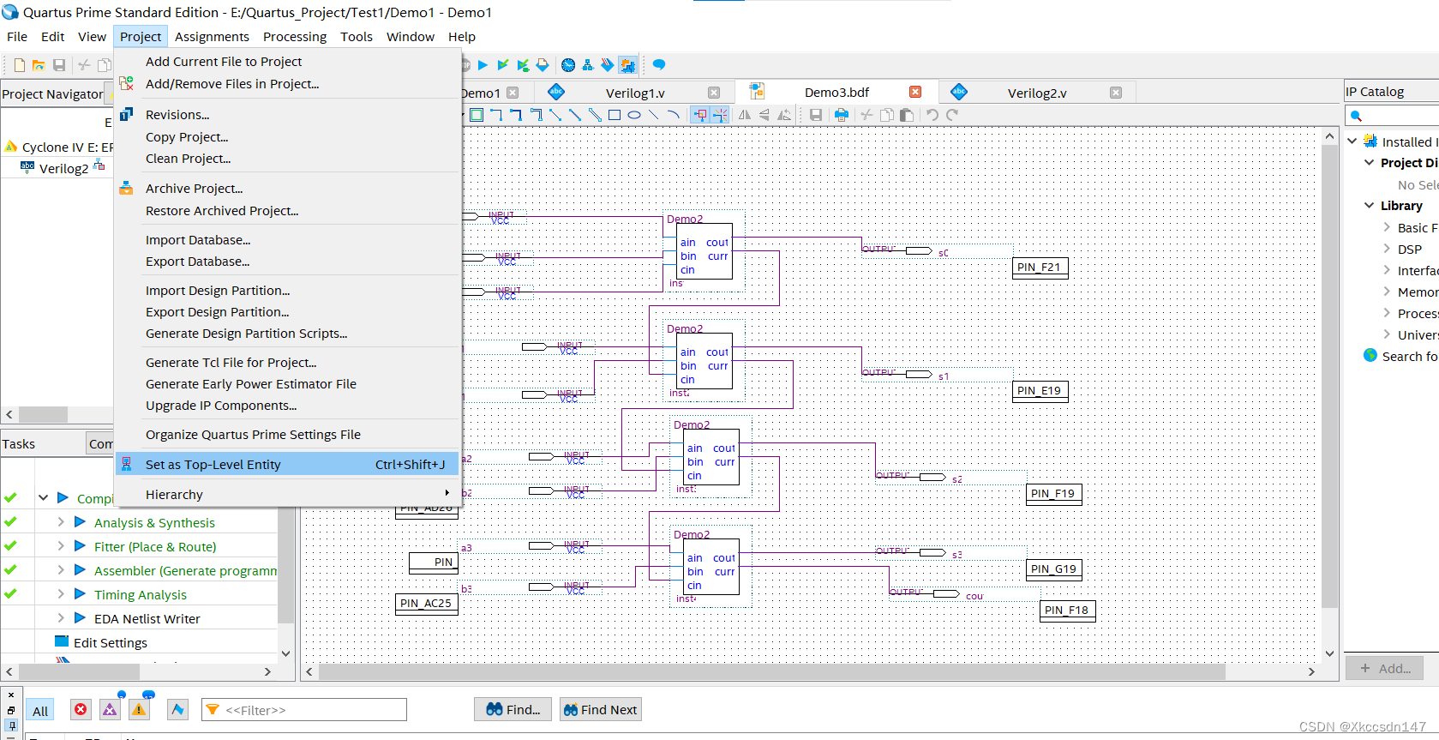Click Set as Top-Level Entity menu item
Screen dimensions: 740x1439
[x=213, y=465]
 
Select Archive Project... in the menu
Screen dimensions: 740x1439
[x=195, y=189]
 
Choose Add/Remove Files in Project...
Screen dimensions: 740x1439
[x=232, y=84]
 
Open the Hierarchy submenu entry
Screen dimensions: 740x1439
[x=175, y=495]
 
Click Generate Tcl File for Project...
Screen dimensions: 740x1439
[x=231, y=363]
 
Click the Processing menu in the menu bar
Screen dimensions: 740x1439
[x=295, y=37]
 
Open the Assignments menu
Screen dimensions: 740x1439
[x=212, y=37]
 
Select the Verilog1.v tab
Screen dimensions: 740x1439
[x=635, y=93]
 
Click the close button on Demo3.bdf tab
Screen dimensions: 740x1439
[x=915, y=92]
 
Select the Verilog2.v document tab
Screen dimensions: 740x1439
[x=1037, y=93]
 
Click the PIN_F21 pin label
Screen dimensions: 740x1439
[x=1040, y=268]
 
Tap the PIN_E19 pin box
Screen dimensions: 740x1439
[x=1040, y=391]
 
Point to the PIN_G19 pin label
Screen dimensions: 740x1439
[x=1053, y=569]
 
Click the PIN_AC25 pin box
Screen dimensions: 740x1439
[x=426, y=604]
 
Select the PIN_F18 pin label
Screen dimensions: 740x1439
[x=1067, y=611]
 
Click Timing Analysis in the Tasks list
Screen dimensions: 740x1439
[x=141, y=595]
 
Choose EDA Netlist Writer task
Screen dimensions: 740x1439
[x=147, y=619]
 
